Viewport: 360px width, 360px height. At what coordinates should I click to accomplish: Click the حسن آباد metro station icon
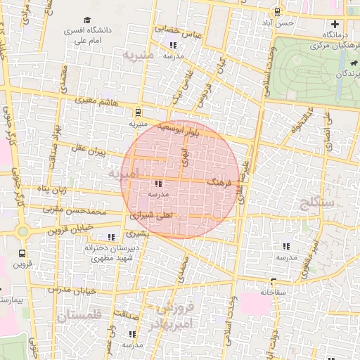[x=277, y=11]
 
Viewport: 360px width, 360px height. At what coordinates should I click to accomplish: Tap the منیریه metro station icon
[x=138, y=111]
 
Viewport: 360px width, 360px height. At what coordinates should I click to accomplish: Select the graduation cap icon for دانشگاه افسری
[x=86, y=21]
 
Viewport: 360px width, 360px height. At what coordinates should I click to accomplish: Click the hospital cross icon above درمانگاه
[x=335, y=25]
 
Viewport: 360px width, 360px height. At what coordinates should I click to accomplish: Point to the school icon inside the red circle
[x=156, y=184]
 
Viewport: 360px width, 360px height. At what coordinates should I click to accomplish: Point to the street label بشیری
[x=138, y=233]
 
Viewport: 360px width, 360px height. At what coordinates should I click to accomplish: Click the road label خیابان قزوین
[x=70, y=229]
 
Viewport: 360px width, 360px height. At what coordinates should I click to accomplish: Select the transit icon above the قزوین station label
[x=23, y=252]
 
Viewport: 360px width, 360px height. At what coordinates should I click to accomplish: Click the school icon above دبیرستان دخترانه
[x=110, y=238]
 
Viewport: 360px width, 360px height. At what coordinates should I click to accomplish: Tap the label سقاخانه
[x=276, y=291]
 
